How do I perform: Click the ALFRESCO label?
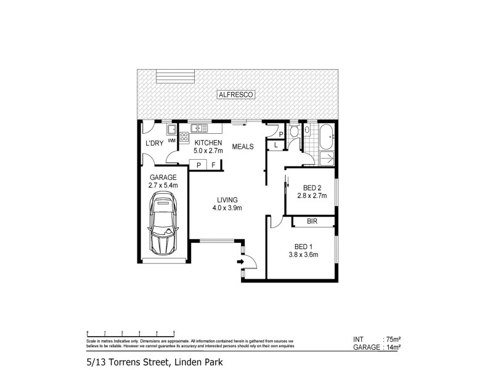pos(237,95)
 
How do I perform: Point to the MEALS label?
pos(243,146)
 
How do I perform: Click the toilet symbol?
pos(294,132)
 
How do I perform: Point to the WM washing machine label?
pos(171,139)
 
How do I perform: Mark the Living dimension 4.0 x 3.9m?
pos(227,207)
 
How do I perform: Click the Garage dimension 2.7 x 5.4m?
pos(162,185)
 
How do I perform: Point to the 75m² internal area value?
pos(393,339)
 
